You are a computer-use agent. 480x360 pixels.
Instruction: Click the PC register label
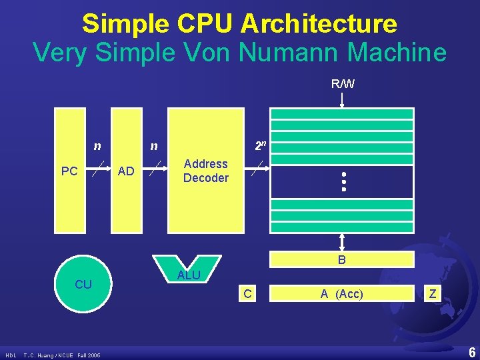pyautogui.click(x=69, y=171)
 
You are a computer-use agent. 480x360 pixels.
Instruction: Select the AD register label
pyautogui.click(x=126, y=171)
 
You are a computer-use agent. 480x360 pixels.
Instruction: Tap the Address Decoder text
pyautogui.click(x=205, y=171)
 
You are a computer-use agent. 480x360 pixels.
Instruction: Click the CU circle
pyautogui.click(x=83, y=285)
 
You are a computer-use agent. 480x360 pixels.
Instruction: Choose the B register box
pyautogui.click(x=341, y=260)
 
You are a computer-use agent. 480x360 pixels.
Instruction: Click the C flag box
pyautogui.click(x=247, y=293)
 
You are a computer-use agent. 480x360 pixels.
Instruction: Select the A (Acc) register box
pyautogui.click(x=341, y=293)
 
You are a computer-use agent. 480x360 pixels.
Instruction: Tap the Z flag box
pyautogui.click(x=433, y=293)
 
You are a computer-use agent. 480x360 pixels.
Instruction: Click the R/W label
pyautogui.click(x=343, y=84)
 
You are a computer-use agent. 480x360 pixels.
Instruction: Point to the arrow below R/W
pyautogui.click(x=342, y=101)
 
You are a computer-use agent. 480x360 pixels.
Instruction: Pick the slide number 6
pyautogui.click(x=471, y=353)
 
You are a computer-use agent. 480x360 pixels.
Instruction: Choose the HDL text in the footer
pyautogui.click(x=11, y=355)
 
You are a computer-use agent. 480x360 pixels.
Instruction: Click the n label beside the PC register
pyautogui.click(x=97, y=145)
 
